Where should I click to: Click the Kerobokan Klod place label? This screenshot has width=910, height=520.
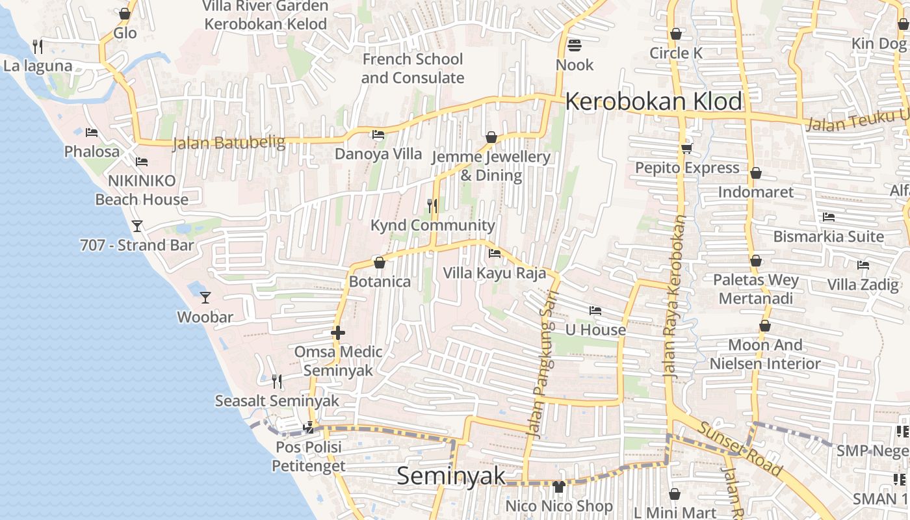click(x=653, y=102)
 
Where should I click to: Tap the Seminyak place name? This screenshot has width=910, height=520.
click(x=450, y=476)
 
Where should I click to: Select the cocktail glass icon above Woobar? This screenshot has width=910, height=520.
click(x=205, y=298)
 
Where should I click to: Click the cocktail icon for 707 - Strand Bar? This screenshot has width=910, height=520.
click(x=136, y=226)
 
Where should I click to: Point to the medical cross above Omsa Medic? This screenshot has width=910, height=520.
click(x=337, y=333)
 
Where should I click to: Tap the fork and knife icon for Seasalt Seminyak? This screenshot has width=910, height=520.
click(x=277, y=381)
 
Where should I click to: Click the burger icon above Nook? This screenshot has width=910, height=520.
click(x=574, y=45)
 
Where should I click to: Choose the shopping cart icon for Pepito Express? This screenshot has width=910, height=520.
click(x=686, y=149)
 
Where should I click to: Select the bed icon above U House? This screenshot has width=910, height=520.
click(x=595, y=311)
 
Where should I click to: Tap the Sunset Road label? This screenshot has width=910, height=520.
click(x=740, y=448)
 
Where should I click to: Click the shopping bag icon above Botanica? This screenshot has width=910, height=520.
click(x=380, y=263)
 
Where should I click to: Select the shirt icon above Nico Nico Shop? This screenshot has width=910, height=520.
click(x=558, y=486)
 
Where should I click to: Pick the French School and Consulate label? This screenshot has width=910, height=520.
click(x=413, y=68)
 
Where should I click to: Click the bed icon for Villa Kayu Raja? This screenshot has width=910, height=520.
click(x=495, y=253)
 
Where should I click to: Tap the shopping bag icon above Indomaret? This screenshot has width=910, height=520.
click(x=755, y=173)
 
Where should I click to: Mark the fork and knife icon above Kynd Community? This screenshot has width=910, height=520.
click(x=432, y=206)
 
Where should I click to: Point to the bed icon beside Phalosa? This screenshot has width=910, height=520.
click(x=92, y=133)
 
